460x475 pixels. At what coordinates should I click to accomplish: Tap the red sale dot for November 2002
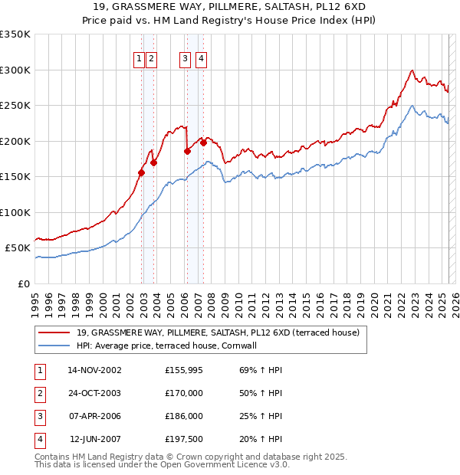tap(141, 172)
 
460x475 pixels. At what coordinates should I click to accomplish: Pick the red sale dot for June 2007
tap(203, 142)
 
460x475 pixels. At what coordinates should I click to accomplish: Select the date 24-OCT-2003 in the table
tap(94, 393)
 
